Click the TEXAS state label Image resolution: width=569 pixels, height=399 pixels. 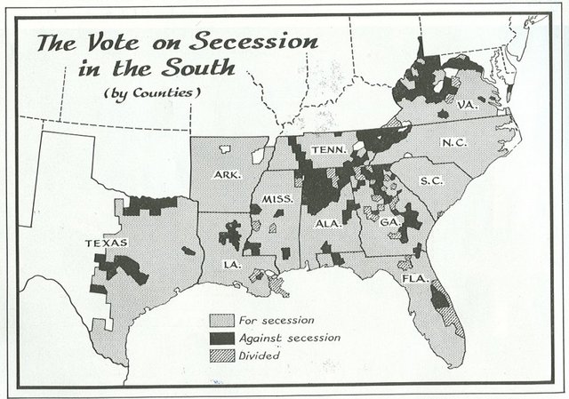(x=107, y=243)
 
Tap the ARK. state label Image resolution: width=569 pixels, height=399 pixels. (x=228, y=175)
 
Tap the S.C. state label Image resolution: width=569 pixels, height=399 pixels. (x=433, y=180)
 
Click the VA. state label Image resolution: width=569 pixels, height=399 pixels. (x=469, y=104)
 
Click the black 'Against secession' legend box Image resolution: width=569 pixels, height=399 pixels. (x=220, y=338)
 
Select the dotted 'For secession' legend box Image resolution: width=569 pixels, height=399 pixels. (x=220, y=320)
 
